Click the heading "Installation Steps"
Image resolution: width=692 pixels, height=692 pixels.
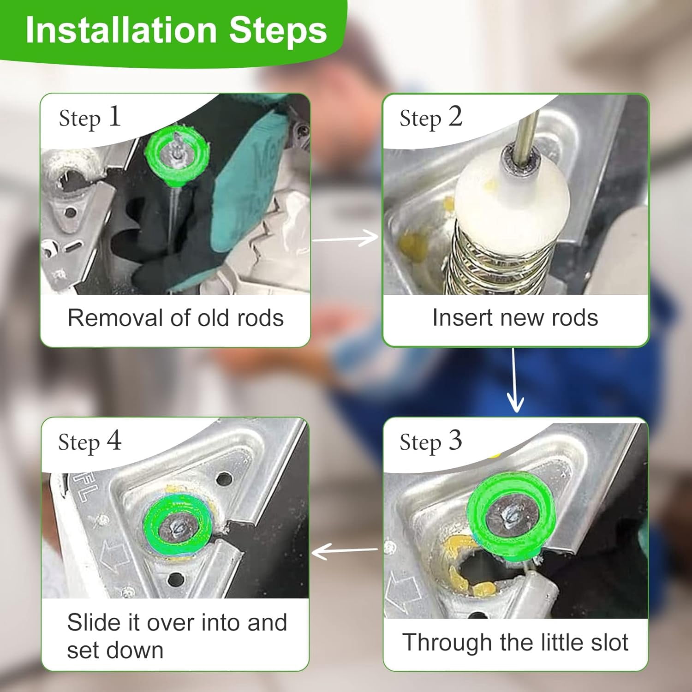[176, 30]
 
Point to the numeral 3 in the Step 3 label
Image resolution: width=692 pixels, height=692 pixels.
[455, 440]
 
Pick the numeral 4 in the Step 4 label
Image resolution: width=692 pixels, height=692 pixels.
[114, 440]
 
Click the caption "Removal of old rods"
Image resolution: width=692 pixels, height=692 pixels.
[175, 318]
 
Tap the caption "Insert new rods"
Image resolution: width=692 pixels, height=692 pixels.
[515, 318]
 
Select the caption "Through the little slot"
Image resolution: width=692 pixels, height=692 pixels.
[515, 642]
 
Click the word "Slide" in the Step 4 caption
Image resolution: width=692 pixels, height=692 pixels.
[95, 622]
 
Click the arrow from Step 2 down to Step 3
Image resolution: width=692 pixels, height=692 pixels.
[515, 380]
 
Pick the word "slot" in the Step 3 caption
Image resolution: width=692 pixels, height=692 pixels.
[608, 642]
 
